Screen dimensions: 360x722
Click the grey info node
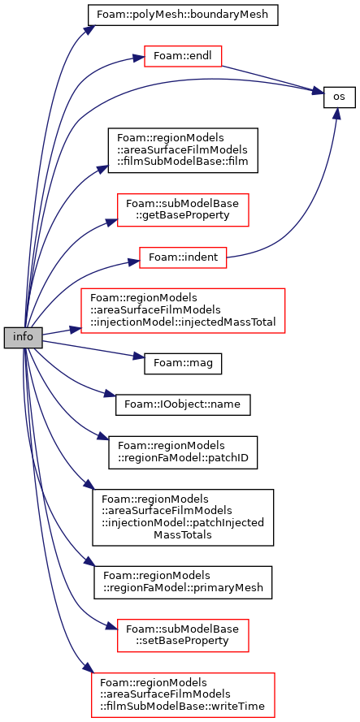[x=23, y=338]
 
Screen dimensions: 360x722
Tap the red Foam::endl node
[x=184, y=56]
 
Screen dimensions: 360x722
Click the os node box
[x=339, y=97]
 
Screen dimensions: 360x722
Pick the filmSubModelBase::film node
[x=183, y=150]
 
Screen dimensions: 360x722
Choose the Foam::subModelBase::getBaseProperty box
[x=183, y=210]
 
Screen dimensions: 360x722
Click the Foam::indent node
[x=183, y=258]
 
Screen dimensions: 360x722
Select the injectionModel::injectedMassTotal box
[x=183, y=311]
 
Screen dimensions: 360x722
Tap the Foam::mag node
[x=183, y=365]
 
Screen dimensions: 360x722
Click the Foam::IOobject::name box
[x=183, y=404]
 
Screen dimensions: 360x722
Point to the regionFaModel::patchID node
[x=183, y=452]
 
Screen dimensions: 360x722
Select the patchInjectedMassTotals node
[x=183, y=517]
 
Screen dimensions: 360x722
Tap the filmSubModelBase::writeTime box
[x=183, y=695]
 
